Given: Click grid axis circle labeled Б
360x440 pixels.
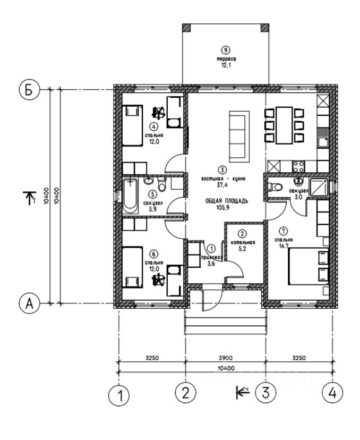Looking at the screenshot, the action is coord(30,89).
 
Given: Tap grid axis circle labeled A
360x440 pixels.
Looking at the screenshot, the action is coord(30,303).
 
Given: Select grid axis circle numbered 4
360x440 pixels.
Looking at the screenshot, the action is coord(332,393).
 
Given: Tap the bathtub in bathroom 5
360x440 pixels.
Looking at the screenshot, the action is coord(131,196).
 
